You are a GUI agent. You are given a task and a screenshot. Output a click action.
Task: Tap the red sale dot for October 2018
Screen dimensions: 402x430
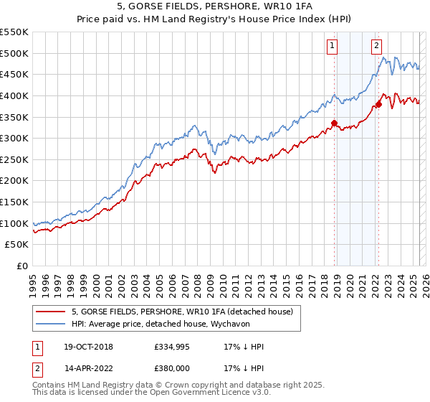[x=335, y=123]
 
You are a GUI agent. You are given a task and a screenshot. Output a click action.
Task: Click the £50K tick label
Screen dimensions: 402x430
[x=17, y=245]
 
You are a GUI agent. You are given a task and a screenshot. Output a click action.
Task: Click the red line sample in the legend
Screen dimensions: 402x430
[x=50, y=312]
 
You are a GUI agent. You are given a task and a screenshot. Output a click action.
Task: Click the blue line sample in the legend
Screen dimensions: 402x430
[x=50, y=324]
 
